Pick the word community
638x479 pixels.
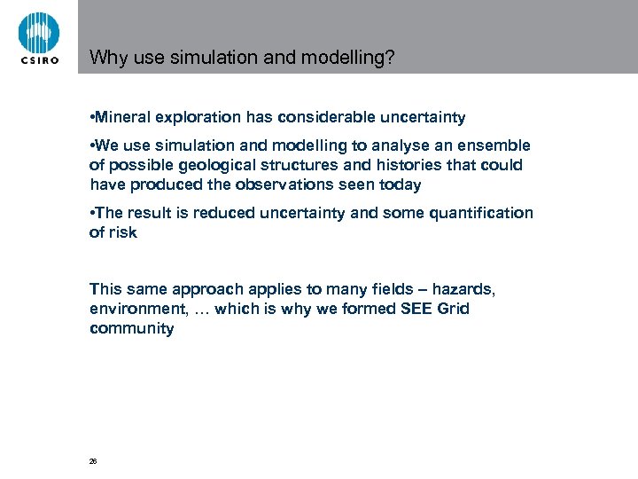click(x=132, y=328)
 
